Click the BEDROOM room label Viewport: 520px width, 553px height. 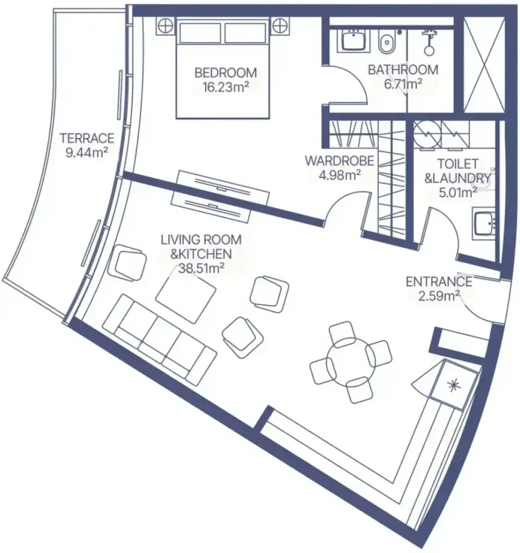(226, 73)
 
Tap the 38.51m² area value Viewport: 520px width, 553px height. (201, 268)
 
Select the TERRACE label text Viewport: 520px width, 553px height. (87, 138)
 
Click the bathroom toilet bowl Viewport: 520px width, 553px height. (386, 43)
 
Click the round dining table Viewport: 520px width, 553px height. (351, 362)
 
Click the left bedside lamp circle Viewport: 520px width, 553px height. (166, 26)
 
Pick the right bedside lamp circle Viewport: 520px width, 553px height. (280, 26)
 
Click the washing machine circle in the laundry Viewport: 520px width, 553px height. (427, 134)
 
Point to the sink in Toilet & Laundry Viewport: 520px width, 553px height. (485, 222)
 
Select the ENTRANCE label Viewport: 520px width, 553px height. (439, 281)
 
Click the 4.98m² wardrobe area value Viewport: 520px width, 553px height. (340, 174)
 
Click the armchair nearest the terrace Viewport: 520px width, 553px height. (127, 262)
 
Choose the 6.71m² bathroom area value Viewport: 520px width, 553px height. (403, 84)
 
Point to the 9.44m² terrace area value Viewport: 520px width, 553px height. (87, 152)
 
